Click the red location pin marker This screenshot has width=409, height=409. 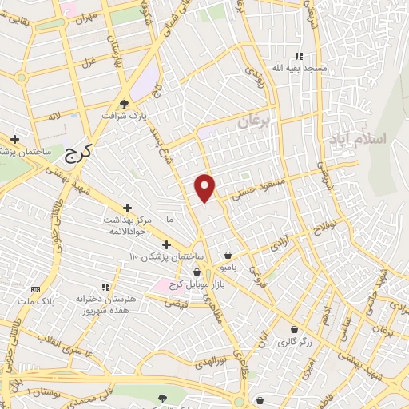[x=205, y=187]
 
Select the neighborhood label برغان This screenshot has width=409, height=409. [x=255, y=121]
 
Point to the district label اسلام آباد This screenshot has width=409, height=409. [x=356, y=138]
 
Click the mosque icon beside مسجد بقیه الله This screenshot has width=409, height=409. [x=300, y=56]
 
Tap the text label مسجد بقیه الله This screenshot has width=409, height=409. [x=300, y=69]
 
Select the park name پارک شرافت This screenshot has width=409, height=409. [x=124, y=115]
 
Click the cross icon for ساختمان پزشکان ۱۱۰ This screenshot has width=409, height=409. [x=166, y=244]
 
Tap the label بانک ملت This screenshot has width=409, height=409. [x=35, y=300]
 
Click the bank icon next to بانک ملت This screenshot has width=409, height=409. [x=35, y=288]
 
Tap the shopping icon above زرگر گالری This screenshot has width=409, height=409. [x=295, y=329]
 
